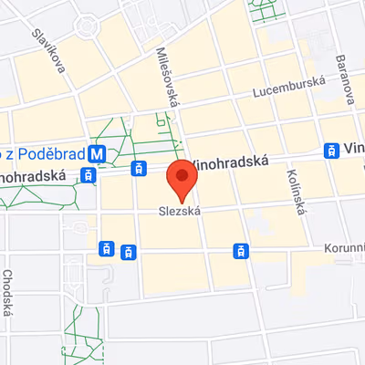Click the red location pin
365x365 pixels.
pyautogui.click(x=182, y=176)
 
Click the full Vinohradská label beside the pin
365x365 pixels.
pyautogui.click(x=234, y=161)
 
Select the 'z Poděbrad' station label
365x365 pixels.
pyautogui.click(x=46, y=154)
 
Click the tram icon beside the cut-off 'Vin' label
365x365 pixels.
pyautogui.click(x=332, y=149)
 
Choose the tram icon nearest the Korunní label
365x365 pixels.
pyautogui.click(x=241, y=249)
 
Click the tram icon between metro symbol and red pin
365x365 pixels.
pyautogui.click(x=139, y=168)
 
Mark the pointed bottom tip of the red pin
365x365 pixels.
pyautogui.click(x=182, y=202)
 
